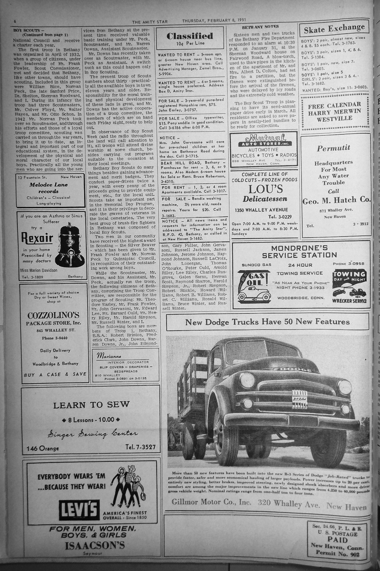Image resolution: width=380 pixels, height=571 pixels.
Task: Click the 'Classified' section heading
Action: click(189, 36)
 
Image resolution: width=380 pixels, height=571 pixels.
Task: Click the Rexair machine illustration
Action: click(71, 241)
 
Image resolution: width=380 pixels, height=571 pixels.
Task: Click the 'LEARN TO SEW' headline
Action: click(91, 405)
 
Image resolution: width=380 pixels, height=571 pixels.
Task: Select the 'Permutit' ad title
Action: click(333, 148)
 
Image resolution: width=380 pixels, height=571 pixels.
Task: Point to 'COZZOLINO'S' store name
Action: click(53, 315)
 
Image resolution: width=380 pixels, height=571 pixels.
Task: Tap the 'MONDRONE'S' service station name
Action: click(299, 248)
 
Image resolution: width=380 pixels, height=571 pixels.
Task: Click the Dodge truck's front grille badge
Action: click(300, 398)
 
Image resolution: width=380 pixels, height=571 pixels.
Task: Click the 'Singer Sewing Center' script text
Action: click(92, 434)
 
